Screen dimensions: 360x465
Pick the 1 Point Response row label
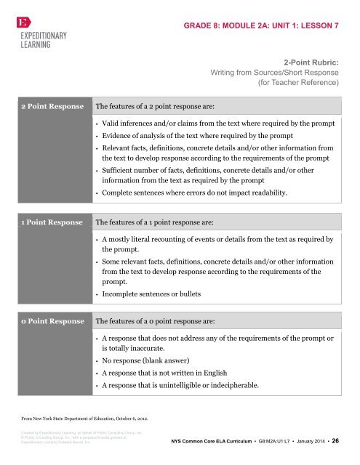pyautogui.click(x=48, y=220)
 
